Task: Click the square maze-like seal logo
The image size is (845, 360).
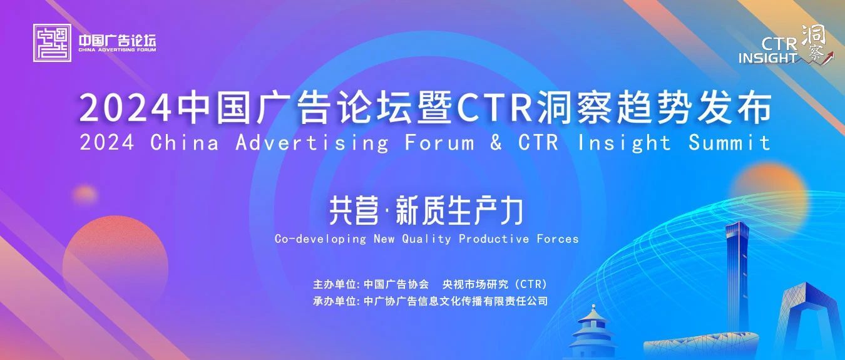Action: (x=52, y=43)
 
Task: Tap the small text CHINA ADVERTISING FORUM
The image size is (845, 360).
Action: (x=117, y=50)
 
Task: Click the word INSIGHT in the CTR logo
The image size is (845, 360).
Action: (x=767, y=58)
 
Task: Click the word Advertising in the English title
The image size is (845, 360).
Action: (x=312, y=143)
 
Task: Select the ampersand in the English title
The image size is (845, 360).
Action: (x=496, y=143)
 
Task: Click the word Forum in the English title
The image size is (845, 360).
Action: (x=439, y=143)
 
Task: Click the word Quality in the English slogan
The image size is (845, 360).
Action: (x=426, y=239)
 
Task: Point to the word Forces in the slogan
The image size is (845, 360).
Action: (x=558, y=239)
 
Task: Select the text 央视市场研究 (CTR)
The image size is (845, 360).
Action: (x=494, y=284)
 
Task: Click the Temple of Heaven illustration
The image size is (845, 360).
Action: (x=593, y=332)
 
